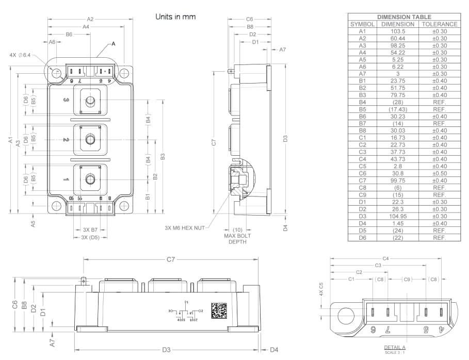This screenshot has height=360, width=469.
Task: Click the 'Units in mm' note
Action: (175, 17)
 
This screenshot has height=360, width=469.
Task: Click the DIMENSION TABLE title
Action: (404, 17)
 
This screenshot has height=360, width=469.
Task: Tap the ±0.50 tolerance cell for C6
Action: (439, 173)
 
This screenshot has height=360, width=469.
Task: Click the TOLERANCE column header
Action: (439, 24)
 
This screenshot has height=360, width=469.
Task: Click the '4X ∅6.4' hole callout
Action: (21, 55)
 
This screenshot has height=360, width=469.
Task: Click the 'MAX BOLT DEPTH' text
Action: (237, 239)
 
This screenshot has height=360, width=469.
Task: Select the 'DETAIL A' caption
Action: (395, 347)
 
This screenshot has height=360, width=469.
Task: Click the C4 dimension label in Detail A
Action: (385, 258)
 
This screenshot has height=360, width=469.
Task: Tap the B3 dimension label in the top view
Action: (162, 156)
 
